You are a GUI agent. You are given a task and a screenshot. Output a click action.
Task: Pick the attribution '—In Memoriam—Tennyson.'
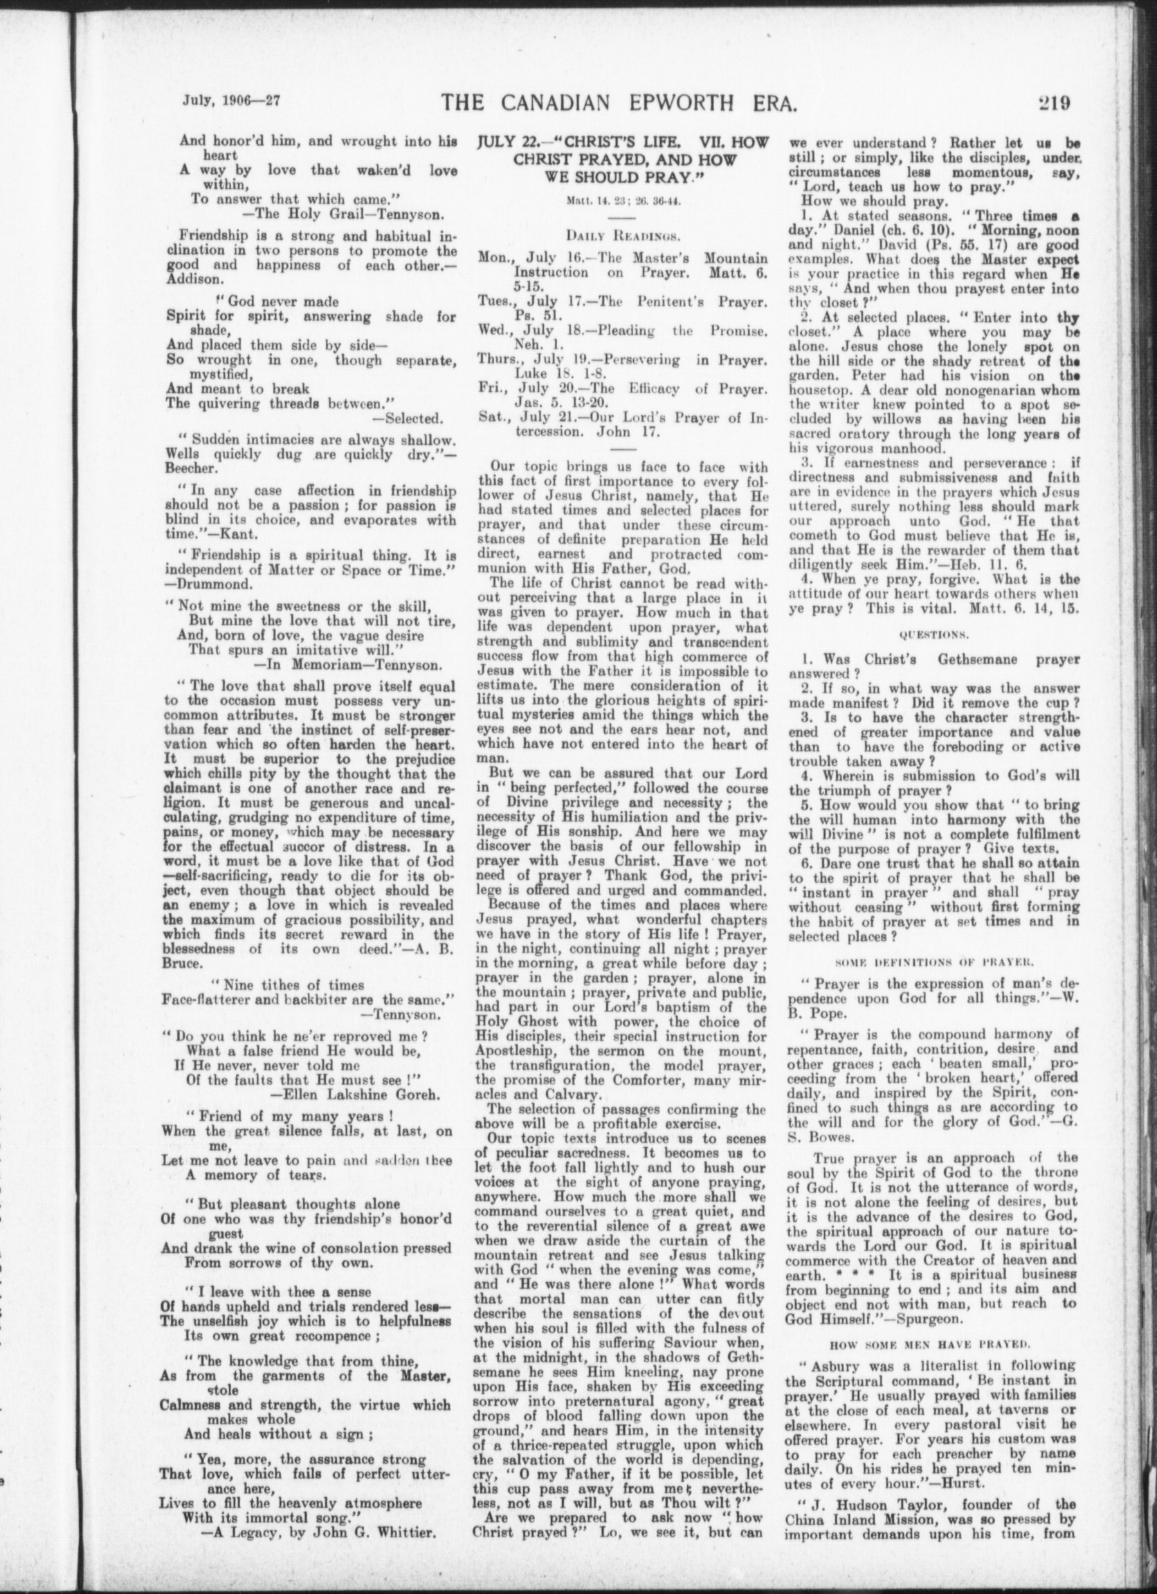[347, 663]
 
